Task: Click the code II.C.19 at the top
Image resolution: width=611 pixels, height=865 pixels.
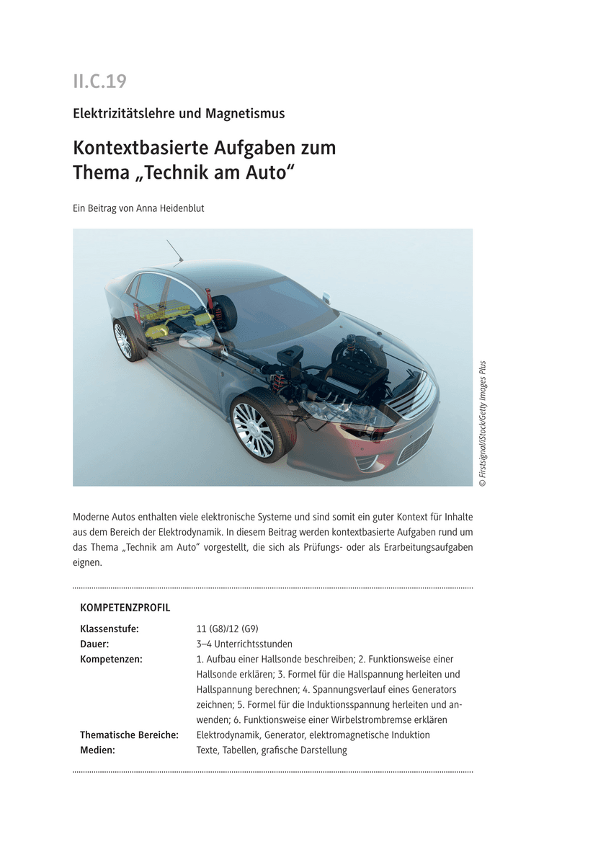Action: (x=99, y=81)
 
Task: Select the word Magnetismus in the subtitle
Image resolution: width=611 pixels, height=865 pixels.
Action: (x=245, y=113)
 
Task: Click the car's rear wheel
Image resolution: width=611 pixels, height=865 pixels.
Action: (x=123, y=340)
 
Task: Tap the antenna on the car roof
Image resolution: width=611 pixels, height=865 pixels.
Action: (x=174, y=251)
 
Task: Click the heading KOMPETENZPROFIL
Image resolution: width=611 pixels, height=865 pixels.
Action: (x=125, y=608)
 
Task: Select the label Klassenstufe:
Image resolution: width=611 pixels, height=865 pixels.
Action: (x=109, y=629)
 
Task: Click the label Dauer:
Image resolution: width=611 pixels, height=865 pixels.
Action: (x=94, y=644)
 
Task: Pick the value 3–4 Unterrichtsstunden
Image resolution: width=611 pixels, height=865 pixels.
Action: (x=244, y=644)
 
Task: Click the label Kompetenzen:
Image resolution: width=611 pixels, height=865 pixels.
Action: (x=111, y=659)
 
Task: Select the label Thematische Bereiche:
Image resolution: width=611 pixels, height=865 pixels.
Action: (x=129, y=735)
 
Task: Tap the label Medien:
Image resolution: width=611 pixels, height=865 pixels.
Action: (x=97, y=750)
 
